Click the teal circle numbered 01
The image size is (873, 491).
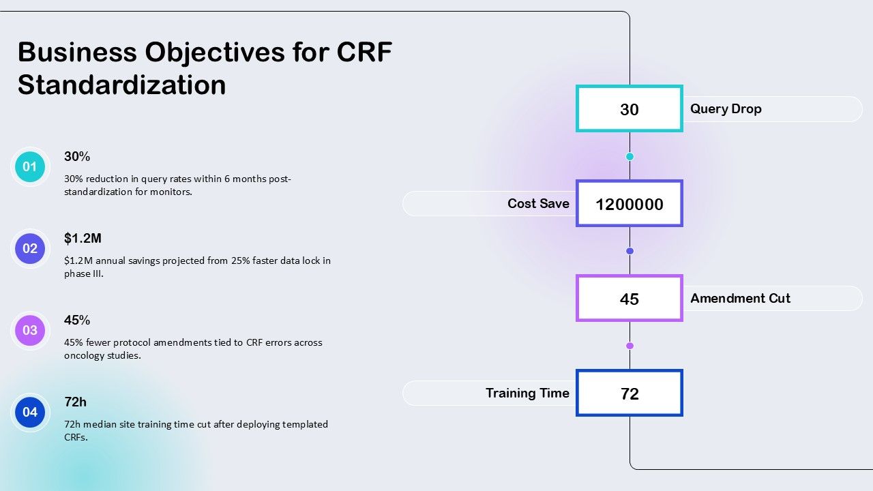(x=30, y=167)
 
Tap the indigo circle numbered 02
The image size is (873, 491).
(x=30, y=249)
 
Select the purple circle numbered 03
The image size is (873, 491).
(x=30, y=331)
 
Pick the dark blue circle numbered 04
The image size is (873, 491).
(x=30, y=413)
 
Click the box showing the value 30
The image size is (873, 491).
(x=630, y=108)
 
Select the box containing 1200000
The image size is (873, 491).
(x=630, y=203)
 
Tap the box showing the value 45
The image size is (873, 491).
(x=630, y=298)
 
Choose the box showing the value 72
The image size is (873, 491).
(x=630, y=393)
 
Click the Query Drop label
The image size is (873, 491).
(x=726, y=108)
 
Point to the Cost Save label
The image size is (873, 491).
(x=538, y=203)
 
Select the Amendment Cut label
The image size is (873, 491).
(x=740, y=298)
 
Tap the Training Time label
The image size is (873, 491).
(x=527, y=393)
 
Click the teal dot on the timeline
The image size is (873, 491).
(x=630, y=157)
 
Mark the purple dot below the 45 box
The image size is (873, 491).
(x=630, y=346)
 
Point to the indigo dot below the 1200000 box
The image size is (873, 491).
(x=630, y=251)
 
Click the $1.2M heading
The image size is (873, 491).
(x=83, y=238)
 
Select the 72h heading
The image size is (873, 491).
(x=75, y=402)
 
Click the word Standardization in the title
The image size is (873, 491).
(x=121, y=85)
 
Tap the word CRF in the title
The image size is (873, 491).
(x=364, y=52)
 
